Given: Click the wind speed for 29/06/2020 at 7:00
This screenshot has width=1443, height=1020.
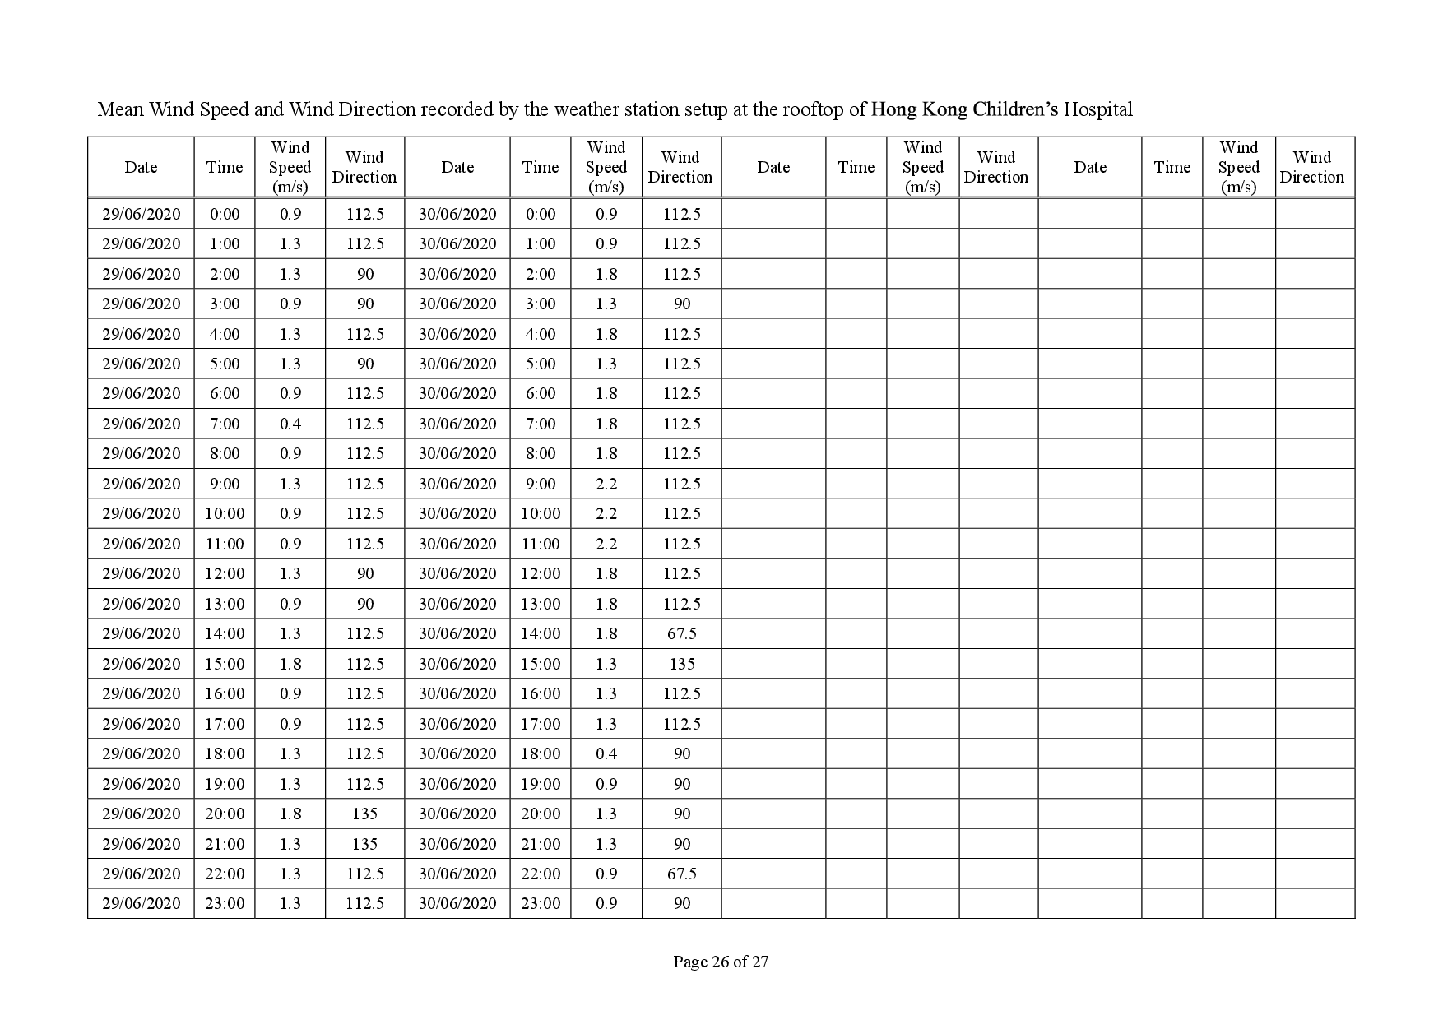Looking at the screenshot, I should (290, 424).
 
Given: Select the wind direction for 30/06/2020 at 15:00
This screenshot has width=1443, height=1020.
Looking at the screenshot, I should (682, 664).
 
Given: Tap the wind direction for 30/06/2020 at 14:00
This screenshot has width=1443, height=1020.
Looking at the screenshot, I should (682, 633).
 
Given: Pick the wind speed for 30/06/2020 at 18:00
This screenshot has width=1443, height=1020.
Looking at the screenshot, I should (606, 753).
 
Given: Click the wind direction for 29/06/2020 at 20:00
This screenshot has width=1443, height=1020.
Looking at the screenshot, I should (364, 814).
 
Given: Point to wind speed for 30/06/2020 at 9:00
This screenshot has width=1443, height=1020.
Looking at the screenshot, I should (606, 484).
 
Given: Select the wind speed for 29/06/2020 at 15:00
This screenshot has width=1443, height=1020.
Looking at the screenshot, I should (290, 664).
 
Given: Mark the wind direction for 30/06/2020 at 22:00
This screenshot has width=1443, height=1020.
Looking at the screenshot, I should (682, 874).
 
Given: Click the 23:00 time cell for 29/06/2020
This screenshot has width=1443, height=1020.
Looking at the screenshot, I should (225, 903).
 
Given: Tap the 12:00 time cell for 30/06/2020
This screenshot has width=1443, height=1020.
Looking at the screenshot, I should (541, 573).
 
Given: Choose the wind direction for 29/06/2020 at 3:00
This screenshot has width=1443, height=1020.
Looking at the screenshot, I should (365, 304).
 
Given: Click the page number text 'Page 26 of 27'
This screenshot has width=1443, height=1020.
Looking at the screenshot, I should (721, 961).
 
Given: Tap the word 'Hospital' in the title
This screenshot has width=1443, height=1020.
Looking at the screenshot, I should (1097, 109).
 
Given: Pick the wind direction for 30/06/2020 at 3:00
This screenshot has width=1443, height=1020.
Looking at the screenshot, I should (682, 304).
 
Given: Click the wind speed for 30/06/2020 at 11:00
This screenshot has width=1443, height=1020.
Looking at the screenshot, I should (606, 544).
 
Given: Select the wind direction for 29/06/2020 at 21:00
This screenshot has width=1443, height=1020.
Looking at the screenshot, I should (364, 844).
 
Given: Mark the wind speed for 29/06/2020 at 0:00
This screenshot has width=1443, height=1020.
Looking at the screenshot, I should (290, 214).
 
